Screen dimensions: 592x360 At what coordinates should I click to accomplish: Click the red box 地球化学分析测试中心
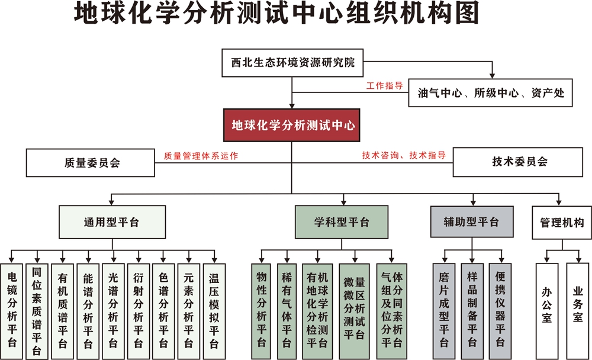click(x=291, y=125)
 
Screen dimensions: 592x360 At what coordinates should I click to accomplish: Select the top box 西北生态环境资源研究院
click(x=292, y=63)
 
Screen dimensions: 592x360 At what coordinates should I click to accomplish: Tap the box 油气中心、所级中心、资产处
click(x=490, y=92)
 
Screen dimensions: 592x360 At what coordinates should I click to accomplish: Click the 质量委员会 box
click(x=90, y=162)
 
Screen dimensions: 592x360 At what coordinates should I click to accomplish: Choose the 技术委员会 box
click(x=517, y=162)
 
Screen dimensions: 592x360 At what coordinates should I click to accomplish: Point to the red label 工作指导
click(x=384, y=86)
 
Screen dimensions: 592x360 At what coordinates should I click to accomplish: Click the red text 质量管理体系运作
click(x=201, y=156)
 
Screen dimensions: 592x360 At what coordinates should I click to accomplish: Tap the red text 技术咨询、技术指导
click(x=404, y=155)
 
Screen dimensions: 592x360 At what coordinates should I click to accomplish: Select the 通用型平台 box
click(x=112, y=221)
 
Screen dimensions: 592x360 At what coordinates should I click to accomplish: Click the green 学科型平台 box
click(x=342, y=221)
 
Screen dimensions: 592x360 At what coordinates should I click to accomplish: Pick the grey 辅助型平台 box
click(x=472, y=221)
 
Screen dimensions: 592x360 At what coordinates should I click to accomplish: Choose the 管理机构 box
click(x=562, y=223)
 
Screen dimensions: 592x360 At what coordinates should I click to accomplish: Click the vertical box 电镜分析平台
click(x=12, y=311)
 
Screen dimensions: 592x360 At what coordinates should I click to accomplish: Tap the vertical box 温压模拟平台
click(x=214, y=311)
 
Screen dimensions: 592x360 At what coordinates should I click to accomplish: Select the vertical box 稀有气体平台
click(x=287, y=311)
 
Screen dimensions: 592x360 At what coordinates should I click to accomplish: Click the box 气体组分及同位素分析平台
click(x=391, y=311)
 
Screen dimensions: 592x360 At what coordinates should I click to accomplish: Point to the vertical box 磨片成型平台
click(x=444, y=311)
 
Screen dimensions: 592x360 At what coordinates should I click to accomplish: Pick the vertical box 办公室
click(x=547, y=311)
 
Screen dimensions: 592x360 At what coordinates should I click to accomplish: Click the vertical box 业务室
click(x=578, y=311)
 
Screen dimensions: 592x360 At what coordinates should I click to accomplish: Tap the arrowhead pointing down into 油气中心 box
click(x=492, y=76)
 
